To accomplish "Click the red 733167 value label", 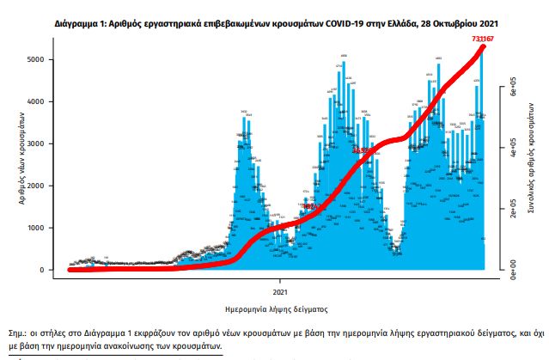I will pos(481,40).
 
